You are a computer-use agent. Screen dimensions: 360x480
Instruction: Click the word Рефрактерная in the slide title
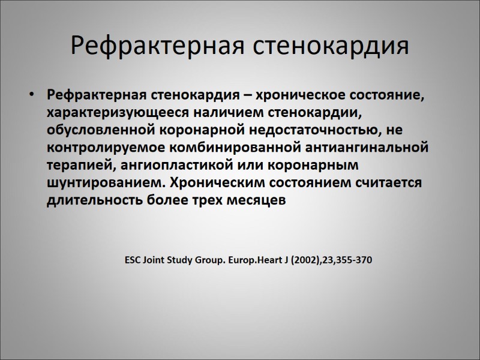pyautogui.click(x=155, y=46)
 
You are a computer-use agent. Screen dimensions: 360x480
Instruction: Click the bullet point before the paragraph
pyautogui.click(x=31, y=95)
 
